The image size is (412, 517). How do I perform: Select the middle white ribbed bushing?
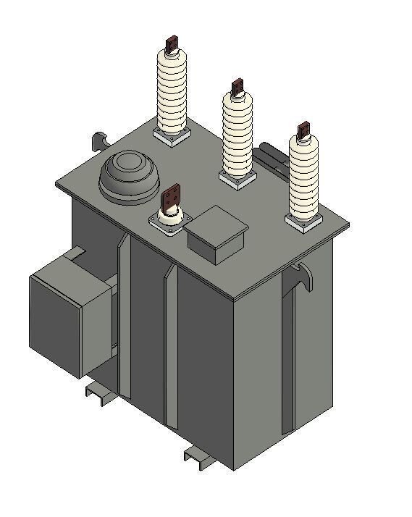pyautogui.click(x=237, y=134)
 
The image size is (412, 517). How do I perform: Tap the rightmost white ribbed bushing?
pyautogui.click(x=303, y=177)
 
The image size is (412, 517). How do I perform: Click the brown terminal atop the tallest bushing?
pyautogui.click(x=172, y=44)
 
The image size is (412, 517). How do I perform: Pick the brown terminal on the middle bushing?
pyautogui.click(x=237, y=88)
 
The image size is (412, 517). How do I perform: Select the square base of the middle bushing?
pyautogui.click(x=237, y=178)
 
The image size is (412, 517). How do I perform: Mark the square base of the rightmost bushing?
pyautogui.click(x=303, y=220)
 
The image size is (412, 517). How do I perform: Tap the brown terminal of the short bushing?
pyautogui.click(x=172, y=196)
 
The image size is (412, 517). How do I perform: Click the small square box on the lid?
pyautogui.click(x=216, y=233)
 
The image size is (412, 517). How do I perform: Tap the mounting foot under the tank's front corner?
pyautogui.click(x=197, y=456)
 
